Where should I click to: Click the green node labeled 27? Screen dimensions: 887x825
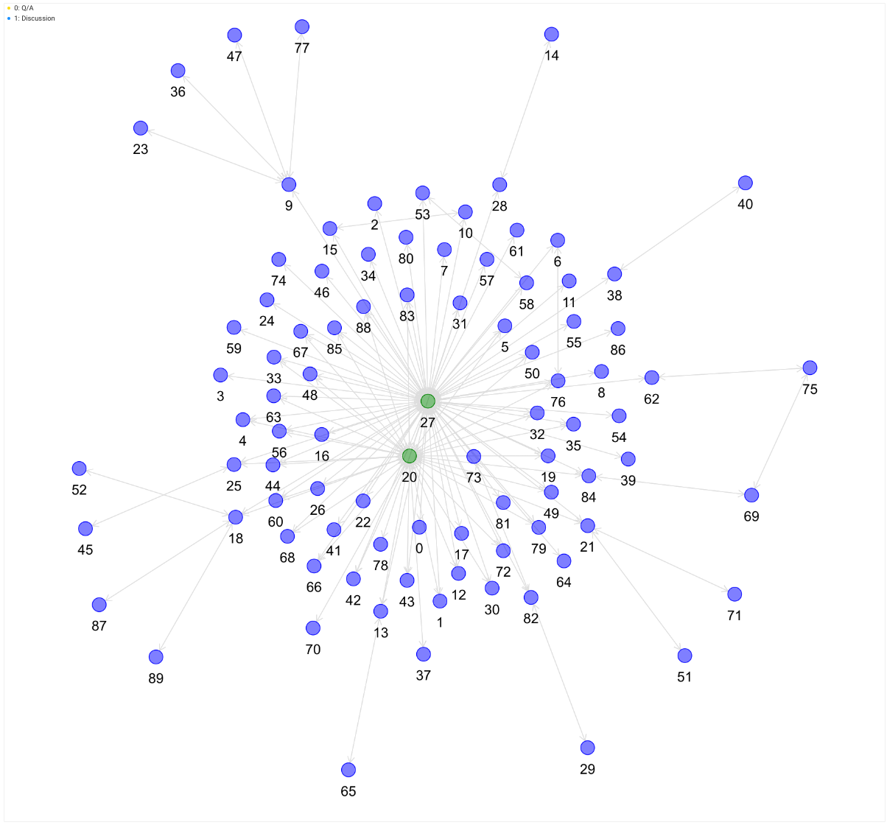point(427,401)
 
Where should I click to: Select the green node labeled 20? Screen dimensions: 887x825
point(410,456)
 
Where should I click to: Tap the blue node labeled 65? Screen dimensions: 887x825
point(348,770)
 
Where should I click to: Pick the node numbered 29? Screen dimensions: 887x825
point(587,748)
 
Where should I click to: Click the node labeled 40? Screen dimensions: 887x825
point(746,183)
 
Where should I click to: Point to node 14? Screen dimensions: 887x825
point(552,34)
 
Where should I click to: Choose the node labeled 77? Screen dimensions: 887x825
point(302,27)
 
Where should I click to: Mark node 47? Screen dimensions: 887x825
point(235,35)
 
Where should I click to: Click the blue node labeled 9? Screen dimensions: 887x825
point(289,184)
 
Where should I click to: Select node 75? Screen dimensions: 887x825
point(810,368)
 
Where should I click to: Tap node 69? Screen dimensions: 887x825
point(751,495)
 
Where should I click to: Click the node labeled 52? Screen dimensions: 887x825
point(80,468)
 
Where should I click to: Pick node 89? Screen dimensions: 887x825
point(156,657)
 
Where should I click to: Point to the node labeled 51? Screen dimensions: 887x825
point(685,656)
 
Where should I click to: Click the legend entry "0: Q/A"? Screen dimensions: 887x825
point(24,8)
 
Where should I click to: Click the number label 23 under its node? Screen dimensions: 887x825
point(141,150)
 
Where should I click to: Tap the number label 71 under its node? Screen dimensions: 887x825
point(735,615)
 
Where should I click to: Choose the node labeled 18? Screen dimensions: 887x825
point(236,517)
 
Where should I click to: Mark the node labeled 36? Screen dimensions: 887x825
point(178,71)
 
